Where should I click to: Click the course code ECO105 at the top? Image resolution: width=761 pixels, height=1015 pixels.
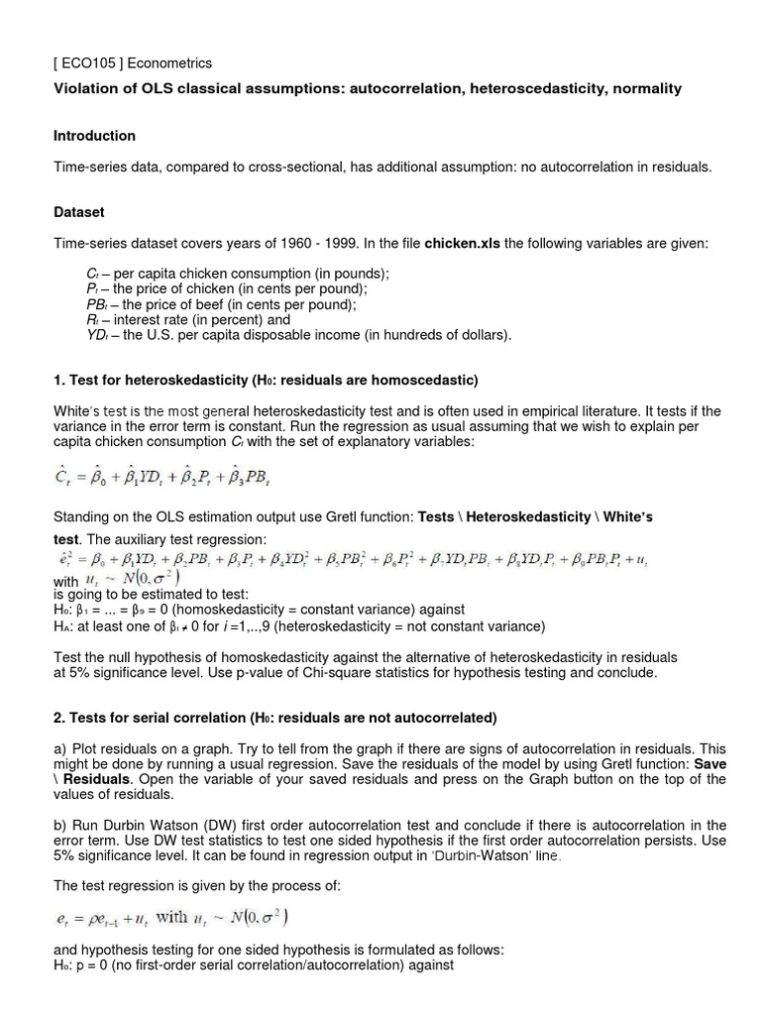(x=88, y=62)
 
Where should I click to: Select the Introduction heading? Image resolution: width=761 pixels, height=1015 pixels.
(x=94, y=136)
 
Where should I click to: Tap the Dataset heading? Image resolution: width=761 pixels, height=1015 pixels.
(x=79, y=212)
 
